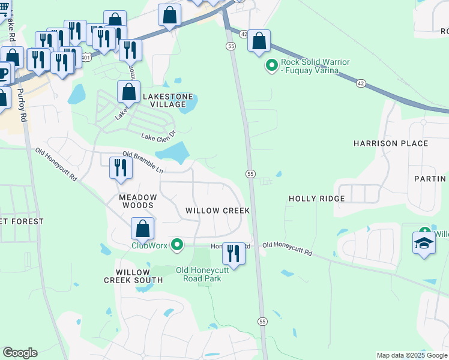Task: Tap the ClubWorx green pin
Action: tap(176, 245)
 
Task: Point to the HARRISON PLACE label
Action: tap(391, 143)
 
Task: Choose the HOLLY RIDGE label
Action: tap(317, 199)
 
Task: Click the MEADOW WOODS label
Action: tap(137, 201)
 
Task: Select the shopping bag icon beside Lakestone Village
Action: tap(129, 93)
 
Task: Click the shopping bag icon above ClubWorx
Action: tap(143, 229)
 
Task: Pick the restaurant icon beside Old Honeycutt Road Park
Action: tap(234, 253)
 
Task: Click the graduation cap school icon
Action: tap(424, 243)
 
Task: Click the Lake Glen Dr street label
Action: tap(158, 136)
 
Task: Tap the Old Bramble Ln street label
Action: tap(143, 162)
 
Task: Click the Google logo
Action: tap(20, 352)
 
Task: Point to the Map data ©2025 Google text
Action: tap(411, 355)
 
